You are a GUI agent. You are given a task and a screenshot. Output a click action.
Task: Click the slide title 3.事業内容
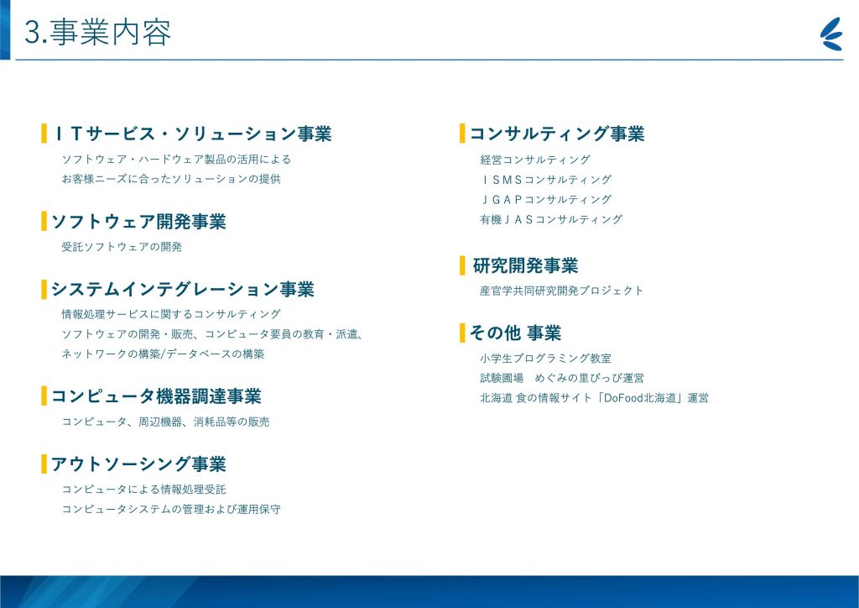pos(98,33)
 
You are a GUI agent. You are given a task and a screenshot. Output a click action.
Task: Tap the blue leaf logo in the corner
pos(831,34)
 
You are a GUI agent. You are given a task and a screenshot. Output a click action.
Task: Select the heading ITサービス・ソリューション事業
pos(192,134)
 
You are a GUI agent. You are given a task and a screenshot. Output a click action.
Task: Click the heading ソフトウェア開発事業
pos(138,222)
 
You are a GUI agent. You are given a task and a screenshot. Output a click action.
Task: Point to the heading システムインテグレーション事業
pos(183,289)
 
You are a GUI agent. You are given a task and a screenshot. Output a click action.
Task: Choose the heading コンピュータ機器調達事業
pos(156,396)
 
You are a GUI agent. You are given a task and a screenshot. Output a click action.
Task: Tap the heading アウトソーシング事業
pos(138,464)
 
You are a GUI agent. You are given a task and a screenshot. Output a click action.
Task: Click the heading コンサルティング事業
pos(557,134)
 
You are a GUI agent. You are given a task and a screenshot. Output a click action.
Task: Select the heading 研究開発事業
pos(525,265)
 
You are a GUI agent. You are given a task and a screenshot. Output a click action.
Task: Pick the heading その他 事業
pos(516,333)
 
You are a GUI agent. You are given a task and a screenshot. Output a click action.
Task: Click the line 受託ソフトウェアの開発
pos(122,247)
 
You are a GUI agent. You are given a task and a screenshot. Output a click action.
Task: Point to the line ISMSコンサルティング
pos(546,179)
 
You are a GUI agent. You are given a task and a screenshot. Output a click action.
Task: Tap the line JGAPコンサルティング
pos(546,199)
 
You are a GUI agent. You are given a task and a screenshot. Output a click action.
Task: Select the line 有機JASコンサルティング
pos(552,219)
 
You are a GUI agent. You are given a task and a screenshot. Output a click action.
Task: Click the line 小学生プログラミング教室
pos(545,358)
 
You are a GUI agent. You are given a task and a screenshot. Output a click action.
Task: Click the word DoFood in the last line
pos(622,398)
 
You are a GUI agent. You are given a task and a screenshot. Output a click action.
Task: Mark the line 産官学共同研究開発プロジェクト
pos(561,291)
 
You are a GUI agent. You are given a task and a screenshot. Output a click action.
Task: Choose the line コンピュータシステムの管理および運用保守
pos(171,509)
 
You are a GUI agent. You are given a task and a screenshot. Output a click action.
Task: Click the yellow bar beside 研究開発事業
pos(462,265)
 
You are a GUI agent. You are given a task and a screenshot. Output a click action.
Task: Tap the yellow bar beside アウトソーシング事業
pos(44,464)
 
